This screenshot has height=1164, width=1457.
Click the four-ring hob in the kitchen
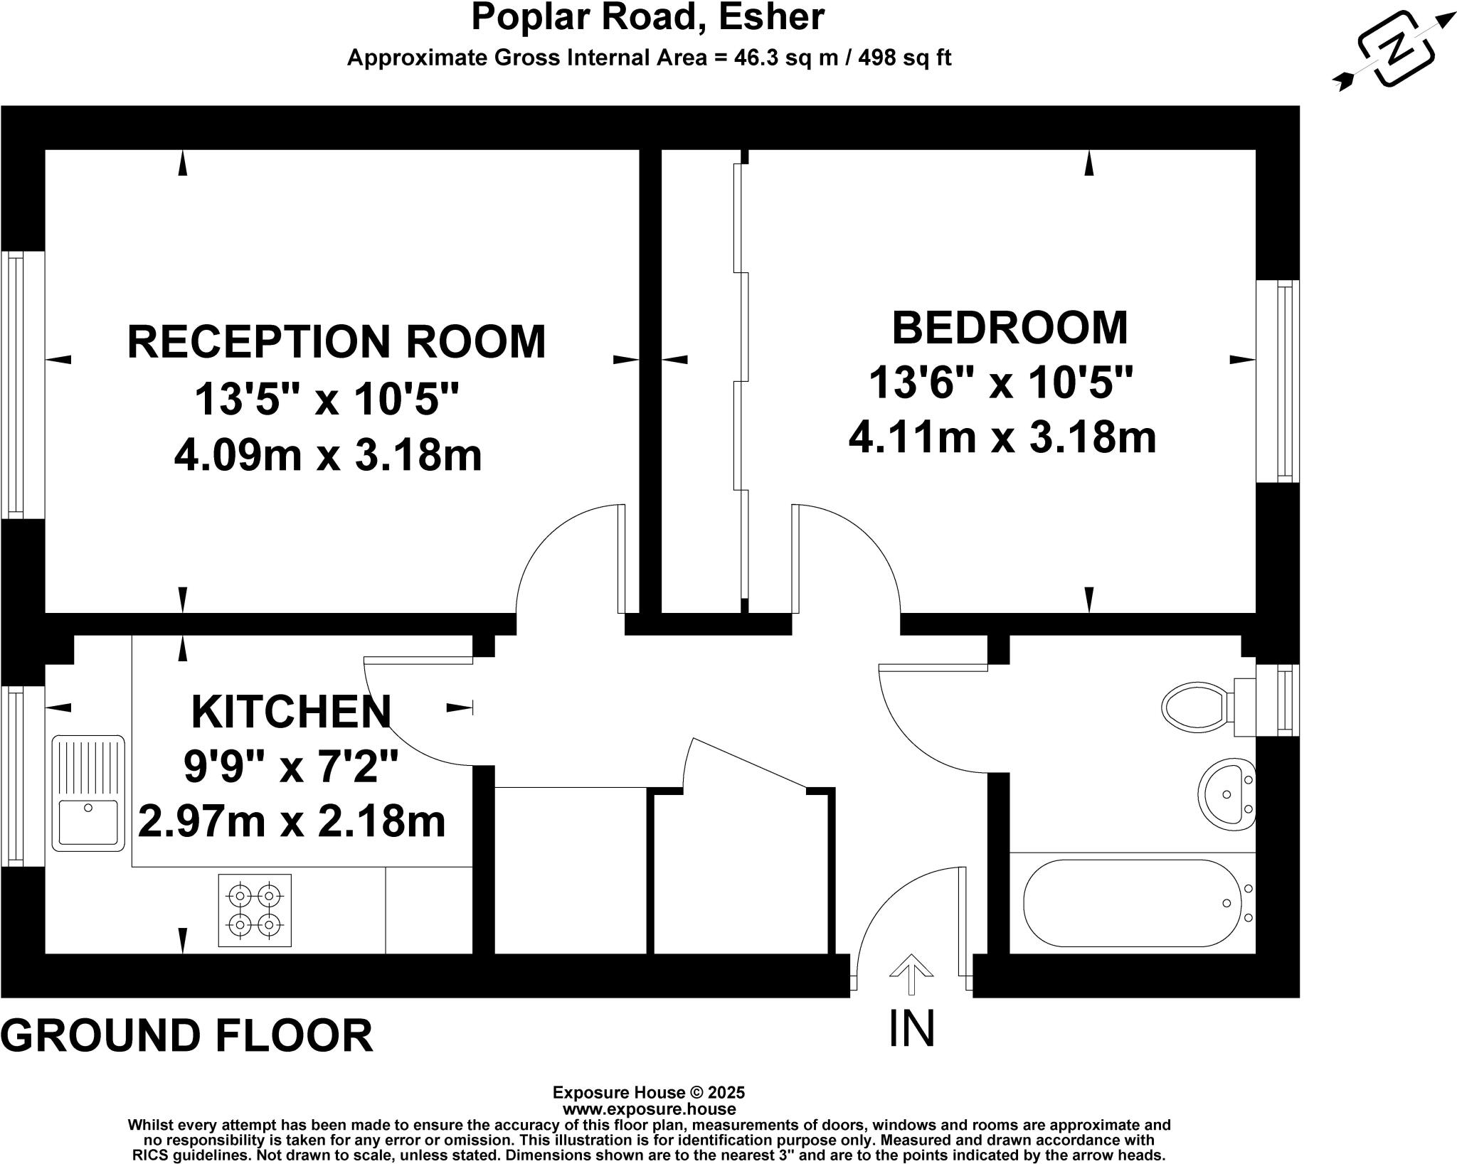255,910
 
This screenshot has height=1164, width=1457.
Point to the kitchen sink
88,793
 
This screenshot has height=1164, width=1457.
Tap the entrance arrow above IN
911,973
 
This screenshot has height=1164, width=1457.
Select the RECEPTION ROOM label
337,341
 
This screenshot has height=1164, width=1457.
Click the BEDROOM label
1010,328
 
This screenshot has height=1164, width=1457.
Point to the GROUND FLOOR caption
187,1035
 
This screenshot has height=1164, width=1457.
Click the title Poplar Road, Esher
648,17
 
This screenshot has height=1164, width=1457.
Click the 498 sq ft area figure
905,58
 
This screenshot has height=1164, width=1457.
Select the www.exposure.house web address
649,1109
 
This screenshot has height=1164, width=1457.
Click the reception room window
16,385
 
